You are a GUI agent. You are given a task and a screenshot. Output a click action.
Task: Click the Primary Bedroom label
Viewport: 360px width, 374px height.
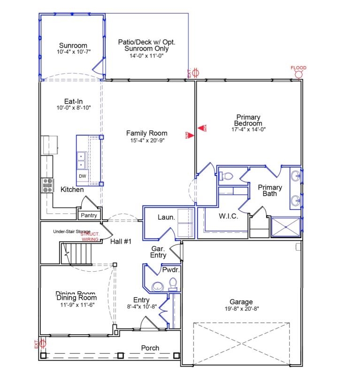click(248, 120)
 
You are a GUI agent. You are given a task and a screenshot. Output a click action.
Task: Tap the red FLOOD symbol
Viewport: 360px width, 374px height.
click(298, 73)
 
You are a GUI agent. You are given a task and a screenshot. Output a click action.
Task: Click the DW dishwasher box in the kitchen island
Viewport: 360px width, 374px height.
click(82, 176)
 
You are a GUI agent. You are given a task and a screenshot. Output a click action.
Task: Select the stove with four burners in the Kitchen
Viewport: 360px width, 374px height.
click(47, 186)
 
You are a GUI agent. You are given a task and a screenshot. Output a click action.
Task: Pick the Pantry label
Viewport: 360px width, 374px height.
click(89, 215)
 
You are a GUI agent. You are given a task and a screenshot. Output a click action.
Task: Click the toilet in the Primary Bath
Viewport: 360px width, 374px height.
click(226, 176)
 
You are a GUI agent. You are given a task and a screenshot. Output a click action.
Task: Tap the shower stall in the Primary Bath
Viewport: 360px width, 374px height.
click(286, 228)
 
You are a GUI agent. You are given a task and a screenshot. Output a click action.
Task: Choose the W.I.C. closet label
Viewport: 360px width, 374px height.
click(229, 217)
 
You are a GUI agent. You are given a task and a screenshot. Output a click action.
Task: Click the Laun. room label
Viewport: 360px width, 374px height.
click(166, 217)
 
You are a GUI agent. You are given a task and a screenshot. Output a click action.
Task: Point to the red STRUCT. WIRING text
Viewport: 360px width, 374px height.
click(90, 237)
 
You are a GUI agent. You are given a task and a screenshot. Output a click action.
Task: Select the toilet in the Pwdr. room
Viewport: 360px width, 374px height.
click(172, 283)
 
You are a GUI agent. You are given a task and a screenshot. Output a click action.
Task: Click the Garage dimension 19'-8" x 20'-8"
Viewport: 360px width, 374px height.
click(241, 309)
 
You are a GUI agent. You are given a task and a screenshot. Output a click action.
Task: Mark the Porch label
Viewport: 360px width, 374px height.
click(150, 348)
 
